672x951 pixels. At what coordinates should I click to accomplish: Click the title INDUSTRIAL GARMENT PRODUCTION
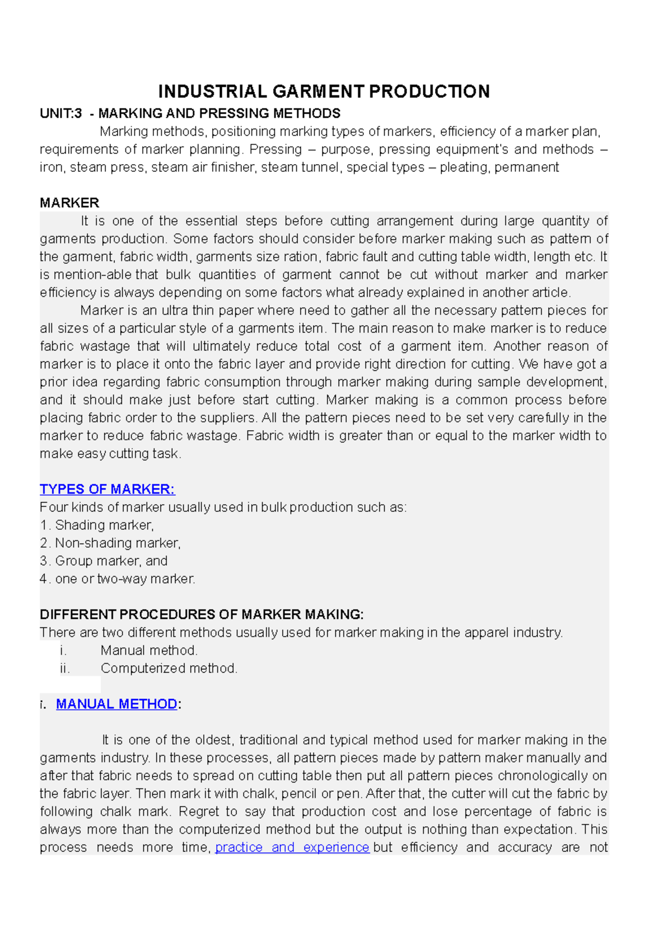coord(324,91)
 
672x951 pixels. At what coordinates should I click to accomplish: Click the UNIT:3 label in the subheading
coord(60,113)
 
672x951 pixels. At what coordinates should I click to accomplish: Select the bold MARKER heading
coord(69,203)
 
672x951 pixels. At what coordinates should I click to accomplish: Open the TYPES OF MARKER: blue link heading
coord(107,489)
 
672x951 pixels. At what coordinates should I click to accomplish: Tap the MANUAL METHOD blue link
coord(116,704)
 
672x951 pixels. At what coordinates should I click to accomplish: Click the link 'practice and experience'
coord(292,847)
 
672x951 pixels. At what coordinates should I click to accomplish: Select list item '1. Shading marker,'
coord(97,525)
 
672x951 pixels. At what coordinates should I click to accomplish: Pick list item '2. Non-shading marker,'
coord(110,543)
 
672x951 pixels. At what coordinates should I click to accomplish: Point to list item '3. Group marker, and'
coord(104,561)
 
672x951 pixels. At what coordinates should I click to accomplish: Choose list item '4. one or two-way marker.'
coord(118,579)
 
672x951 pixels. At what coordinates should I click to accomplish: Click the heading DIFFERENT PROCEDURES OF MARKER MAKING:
coord(202,614)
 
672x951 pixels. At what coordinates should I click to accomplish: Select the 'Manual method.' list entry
coord(149,650)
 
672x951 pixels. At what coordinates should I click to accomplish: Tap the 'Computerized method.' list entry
coord(169,668)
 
